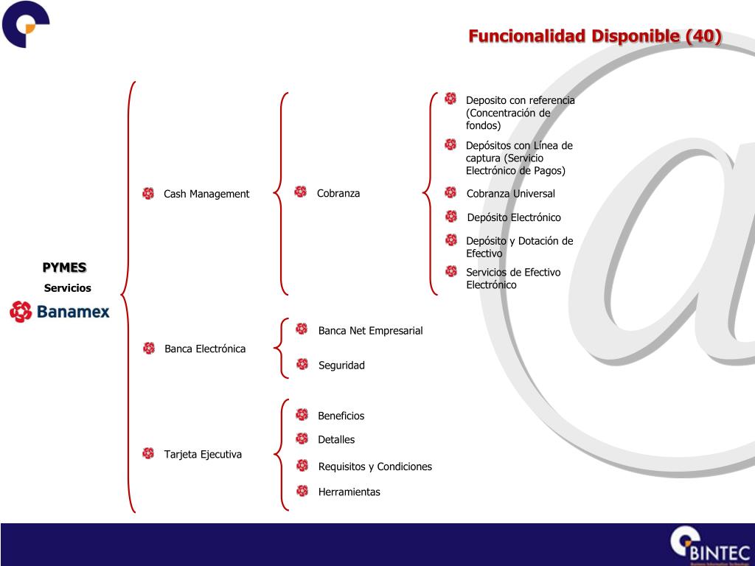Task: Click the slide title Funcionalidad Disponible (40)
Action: [595, 36]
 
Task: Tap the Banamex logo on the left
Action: [60, 312]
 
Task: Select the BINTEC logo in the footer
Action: [709, 546]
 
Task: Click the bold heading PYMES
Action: [64, 268]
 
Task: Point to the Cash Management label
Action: [206, 194]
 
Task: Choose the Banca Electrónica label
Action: [205, 349]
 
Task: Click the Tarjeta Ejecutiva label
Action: [203, 454]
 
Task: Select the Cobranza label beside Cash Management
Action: [338, 193]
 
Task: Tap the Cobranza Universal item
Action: [510, 194]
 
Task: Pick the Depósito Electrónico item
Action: [513, 217]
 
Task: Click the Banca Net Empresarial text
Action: [370, 331]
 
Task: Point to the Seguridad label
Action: [341, 366]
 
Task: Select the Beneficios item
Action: [341, 416]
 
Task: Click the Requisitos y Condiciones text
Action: [375, 467]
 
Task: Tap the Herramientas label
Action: [349, 492]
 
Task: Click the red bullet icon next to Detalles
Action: [302, 439]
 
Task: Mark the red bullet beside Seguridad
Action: [302, 364]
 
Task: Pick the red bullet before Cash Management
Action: [148, 193]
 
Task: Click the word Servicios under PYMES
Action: [67, 288]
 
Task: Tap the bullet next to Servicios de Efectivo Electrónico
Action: [451, 271]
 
